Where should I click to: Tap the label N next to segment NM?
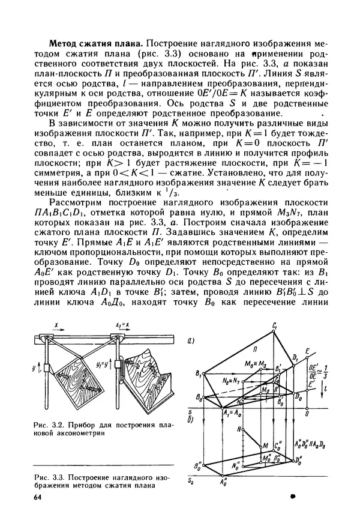(x=239, y=431)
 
